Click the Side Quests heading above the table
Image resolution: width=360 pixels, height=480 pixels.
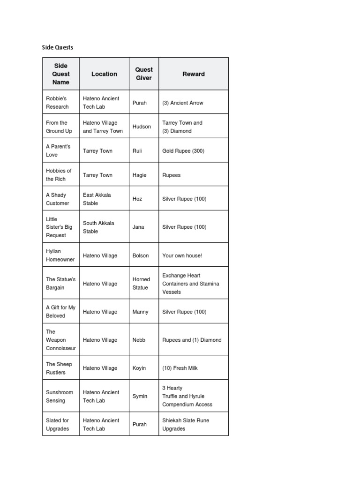click(58, 47)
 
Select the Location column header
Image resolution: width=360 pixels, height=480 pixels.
click(104, 74)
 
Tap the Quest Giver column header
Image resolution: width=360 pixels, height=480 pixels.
click(144, 74)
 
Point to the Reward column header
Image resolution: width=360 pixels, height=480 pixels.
click(194, 74)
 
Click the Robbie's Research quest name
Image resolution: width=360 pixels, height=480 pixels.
click(57, 103)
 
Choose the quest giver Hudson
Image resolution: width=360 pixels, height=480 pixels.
click(142, 127)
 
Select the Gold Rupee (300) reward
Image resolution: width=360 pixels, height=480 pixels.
click(183, 151)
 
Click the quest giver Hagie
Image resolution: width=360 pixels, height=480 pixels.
click(140, 175)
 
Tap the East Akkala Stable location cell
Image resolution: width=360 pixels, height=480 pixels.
click(97, 199)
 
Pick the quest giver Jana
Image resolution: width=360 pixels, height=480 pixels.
click(138, 227)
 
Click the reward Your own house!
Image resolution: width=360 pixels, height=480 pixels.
click(182, 255)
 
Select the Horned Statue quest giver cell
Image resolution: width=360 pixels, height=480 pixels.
click(141, 284)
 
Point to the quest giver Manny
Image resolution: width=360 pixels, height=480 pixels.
click(141, 312)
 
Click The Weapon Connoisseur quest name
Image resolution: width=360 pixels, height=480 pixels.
click(60, 340)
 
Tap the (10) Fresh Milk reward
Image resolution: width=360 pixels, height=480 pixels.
click(180, 368)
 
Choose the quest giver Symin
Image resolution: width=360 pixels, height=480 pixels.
click(140, 396)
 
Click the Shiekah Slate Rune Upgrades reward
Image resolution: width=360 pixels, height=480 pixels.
click(186, 424)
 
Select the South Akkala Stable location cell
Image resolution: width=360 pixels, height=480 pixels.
click(98, 227)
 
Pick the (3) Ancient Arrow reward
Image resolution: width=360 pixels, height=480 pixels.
click(183, 103)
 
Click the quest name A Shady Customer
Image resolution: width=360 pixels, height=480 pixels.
click(57, 199)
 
